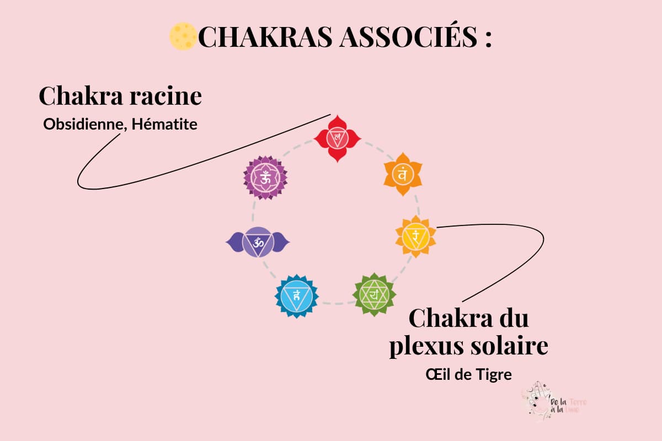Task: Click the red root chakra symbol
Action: (336, 137)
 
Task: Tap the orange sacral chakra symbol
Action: (403, 174)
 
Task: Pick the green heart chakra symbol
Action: (375, 294)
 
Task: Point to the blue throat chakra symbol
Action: (297, 295)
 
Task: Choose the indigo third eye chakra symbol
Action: (258, 241)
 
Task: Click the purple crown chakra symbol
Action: (265, 178)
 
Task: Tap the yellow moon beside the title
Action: (183, 36)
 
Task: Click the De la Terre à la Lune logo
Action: (552, 401)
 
